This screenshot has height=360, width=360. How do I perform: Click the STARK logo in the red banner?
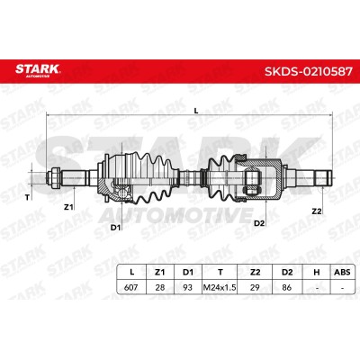38,70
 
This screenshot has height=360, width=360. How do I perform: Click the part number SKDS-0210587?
309,71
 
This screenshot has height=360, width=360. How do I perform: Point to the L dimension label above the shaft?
196,111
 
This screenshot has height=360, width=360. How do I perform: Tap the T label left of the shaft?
27,197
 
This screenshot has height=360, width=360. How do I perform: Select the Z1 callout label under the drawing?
68,207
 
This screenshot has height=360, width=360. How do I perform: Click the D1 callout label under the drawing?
115,228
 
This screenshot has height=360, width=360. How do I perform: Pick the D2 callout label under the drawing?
259,223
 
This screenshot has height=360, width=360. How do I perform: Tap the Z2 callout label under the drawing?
317,211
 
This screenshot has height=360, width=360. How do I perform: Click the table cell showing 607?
130,287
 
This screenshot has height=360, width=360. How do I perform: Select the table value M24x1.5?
220,288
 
